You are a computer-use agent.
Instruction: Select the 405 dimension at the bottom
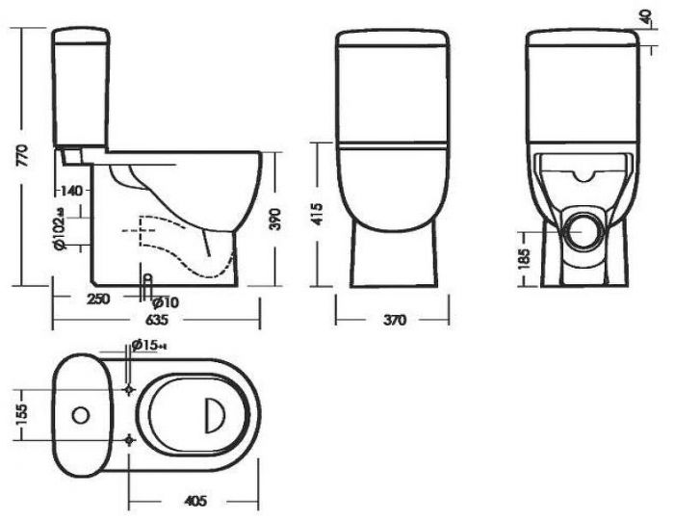pyautogui.click(x=194, y=502)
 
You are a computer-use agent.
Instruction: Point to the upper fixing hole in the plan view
pyautogui.click(x=131, y=387)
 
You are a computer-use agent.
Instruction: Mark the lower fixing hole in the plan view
pyautogui.click(x=131, y=439)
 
